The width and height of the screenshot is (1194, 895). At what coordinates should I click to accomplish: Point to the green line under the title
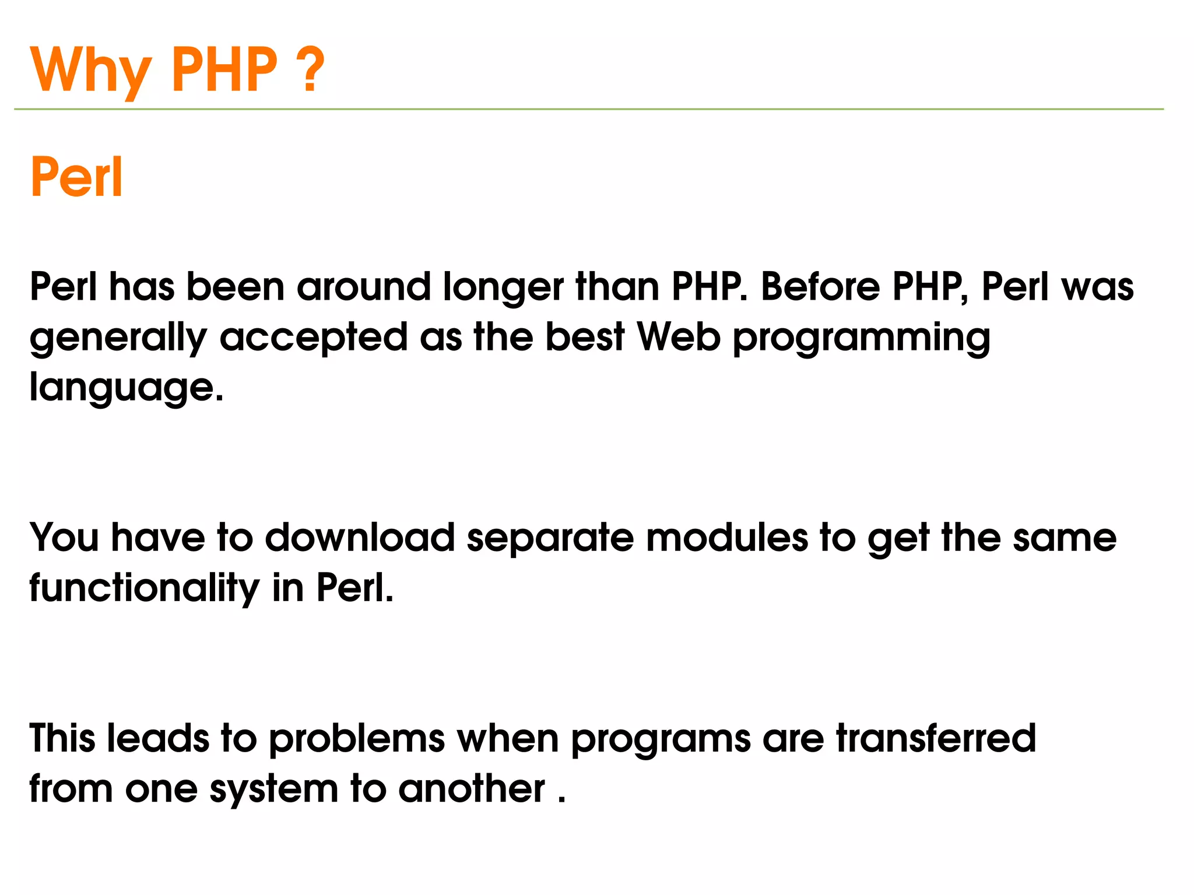click(589, 109)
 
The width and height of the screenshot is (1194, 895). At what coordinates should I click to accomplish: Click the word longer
click(503, 288)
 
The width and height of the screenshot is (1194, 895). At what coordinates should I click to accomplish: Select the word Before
click(820, 287)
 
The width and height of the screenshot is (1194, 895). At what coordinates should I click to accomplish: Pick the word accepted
click(313, 338)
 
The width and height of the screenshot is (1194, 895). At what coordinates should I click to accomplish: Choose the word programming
click(861, 338)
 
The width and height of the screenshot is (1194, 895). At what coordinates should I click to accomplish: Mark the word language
click(126, 388)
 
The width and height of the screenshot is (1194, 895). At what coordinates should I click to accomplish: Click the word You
click(64, 537)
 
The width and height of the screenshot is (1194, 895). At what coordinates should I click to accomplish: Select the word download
click(360, 537)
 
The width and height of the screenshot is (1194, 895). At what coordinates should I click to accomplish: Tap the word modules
click(727, 537)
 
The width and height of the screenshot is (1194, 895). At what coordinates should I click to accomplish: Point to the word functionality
click(144, 588)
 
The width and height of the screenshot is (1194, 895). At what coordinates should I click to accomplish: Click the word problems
click(357, 739)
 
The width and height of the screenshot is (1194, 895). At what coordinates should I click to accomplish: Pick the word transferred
click(936, 738)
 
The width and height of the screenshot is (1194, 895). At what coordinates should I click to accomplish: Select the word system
click(273, 789)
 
